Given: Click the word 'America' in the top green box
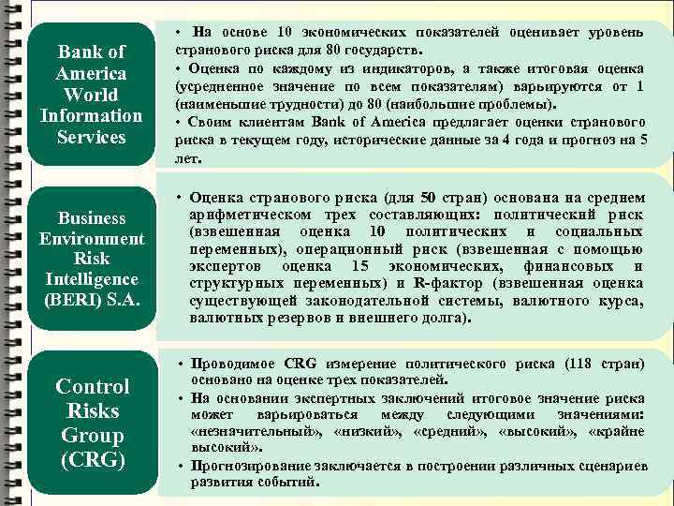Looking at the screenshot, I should pos(92,73).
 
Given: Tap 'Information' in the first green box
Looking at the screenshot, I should pos(92,116).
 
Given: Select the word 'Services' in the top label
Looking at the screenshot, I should pos(92,137).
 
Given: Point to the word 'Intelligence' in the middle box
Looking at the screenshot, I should pos(92,279).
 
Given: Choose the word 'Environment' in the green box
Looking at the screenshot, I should pos(92,239).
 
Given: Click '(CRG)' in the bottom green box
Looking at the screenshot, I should pos(92,460).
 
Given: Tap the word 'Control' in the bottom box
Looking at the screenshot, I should pos(92,386).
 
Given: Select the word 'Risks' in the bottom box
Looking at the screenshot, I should pos(92,410).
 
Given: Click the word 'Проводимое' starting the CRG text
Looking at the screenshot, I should pos(233,364).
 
